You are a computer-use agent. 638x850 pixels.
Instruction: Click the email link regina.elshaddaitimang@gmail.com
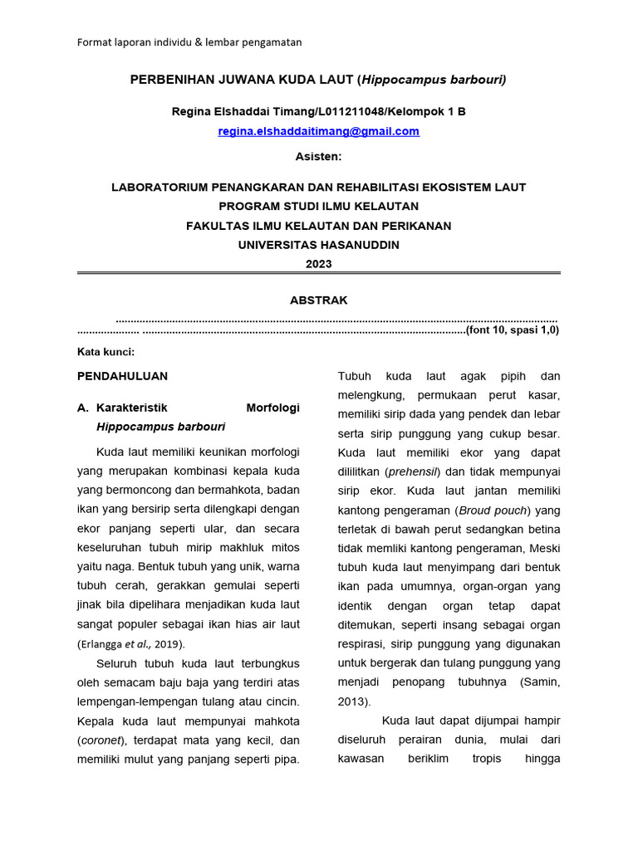tap(318, 131)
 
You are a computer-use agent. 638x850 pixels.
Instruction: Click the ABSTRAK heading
tap(318, 300)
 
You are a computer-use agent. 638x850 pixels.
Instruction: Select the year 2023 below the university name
tap(318, 264)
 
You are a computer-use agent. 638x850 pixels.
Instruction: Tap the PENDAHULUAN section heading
tap(122, 376)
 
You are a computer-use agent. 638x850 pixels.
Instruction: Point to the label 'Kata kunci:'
tap(106, 352)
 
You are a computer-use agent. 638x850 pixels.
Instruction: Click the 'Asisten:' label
tap(318, 156)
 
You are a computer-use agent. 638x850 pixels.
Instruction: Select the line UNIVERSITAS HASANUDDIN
tap(318, 245)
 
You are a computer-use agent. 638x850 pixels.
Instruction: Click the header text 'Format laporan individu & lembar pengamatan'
tap(189, 42)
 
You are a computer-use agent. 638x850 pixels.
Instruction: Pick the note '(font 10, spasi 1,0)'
tap(512, 330)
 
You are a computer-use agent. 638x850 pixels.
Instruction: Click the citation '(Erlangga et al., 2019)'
tap(131, 643)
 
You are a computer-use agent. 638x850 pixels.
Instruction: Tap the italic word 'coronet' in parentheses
tap(100, 740)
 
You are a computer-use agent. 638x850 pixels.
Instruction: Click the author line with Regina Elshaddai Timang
tap(318, 111)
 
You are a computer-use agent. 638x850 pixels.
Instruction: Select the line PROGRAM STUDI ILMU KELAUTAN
tap(318, 206)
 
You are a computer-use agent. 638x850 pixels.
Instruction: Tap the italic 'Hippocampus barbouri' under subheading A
tap(160, 427)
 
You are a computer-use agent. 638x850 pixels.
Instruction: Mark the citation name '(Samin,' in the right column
tap(540, 682)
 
